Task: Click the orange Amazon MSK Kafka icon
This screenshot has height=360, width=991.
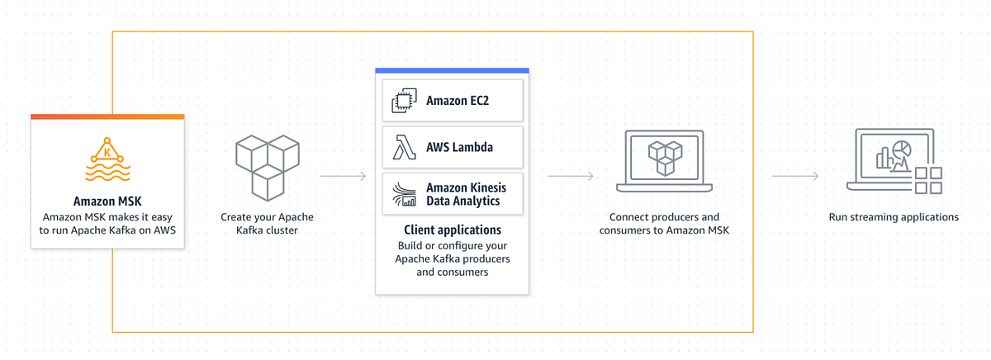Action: click(x=107, y=159)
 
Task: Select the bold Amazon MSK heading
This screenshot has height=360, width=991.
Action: click(x=107, y=201)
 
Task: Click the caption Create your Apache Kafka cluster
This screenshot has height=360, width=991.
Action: click(x=267, y=224)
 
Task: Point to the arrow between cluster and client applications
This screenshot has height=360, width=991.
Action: click(x=343, y=176)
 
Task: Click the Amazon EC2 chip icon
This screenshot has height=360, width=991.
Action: click(x=404, y=102)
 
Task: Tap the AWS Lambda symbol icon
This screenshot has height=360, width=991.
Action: click(x=404, y=148)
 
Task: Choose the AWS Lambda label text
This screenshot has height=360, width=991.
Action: click(x=459, y=148)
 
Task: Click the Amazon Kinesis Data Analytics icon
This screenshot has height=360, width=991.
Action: click(x=404, y=194)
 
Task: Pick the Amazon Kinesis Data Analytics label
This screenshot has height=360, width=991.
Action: click(x=466, y=194)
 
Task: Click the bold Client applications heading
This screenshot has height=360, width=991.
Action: click(x=452, y=230)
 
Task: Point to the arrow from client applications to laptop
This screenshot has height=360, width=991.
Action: click(x=571, y=176)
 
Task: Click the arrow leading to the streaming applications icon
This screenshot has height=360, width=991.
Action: click(x=795, y=176)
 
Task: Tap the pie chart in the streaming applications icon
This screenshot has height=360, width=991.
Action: click(x=903, y=148)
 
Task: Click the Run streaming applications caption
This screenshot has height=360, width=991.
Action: click(x=894, y=217)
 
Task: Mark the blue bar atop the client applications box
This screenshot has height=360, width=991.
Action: click(x=452, y=71)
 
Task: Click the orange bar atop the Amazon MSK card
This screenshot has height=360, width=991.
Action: click(x=107, y=116)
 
